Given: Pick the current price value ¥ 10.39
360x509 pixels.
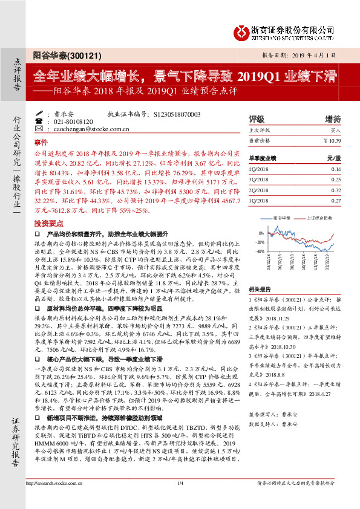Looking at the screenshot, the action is click(332, 140).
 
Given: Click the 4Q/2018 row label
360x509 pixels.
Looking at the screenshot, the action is click(259, 170).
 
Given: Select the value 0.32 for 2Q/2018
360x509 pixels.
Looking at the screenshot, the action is click(335, 189).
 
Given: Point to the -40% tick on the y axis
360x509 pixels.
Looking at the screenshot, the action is click(260, 250).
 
